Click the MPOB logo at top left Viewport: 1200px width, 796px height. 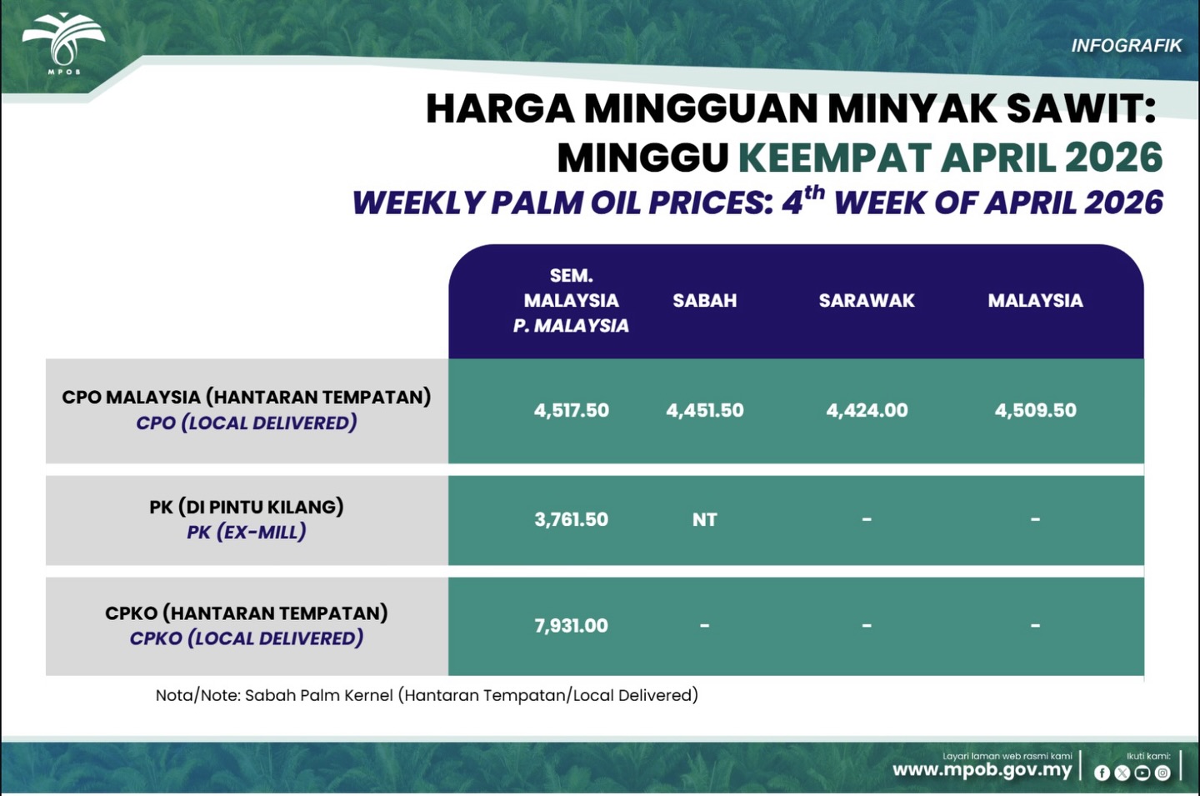(x=63, y=43)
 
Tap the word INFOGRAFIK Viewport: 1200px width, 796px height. (x=1126, y=46)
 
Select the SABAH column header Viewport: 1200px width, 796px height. (x=704, y=301)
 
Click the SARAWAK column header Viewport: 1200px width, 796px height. (x=867, y=301)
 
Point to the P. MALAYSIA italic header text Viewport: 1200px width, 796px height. (x=571, y=326)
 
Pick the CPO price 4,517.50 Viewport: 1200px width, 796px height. (x=571, y=410)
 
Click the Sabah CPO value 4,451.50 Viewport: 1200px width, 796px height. (x=704, y=410)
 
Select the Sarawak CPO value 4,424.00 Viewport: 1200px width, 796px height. (x=867, y=410)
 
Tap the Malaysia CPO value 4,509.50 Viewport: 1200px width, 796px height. (x=1035, y=410)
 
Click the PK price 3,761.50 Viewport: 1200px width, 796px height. (x=571, y=519)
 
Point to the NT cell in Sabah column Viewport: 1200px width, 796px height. (x=704, y=519)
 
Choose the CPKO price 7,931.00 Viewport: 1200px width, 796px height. (x=571, y=625)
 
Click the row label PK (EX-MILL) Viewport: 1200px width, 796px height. (x=247, y=532)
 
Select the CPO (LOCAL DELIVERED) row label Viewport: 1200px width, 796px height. (x=247, y=423)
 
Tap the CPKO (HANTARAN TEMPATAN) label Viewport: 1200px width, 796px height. (x=247, y=613)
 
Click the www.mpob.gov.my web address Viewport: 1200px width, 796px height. (x=982, y=770)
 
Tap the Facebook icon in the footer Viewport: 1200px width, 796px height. (x=1102, y=773)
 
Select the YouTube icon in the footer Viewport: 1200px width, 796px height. (x=1142, y=773)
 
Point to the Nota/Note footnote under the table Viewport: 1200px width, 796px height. (x=427, y=695)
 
